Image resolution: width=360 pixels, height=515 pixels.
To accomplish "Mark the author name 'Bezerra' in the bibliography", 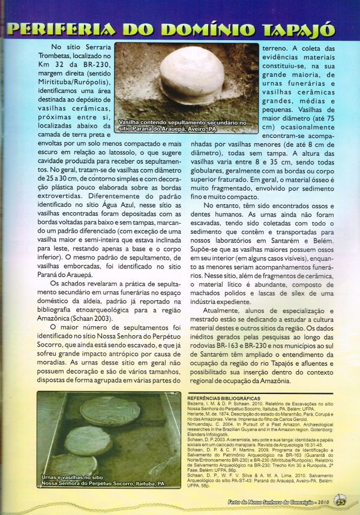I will point(198,403).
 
